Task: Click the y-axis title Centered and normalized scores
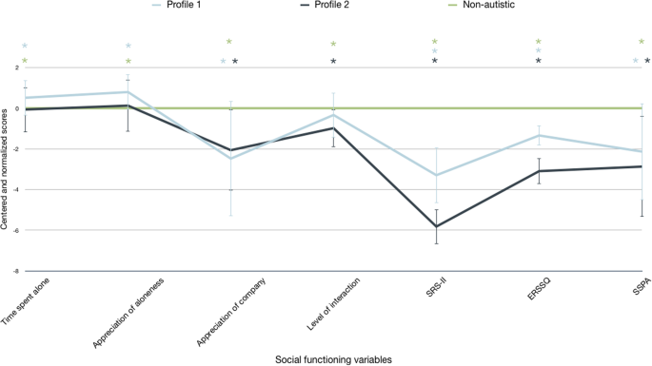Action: (6, 169)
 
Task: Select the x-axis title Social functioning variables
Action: (327, 357)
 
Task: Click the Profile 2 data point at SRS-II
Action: (436, 226)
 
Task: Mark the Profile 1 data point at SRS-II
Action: (436, 175)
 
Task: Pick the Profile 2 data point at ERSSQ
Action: (539, 171)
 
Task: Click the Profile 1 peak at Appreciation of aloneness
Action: (128, 92)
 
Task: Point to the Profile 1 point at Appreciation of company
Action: (231, 158)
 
